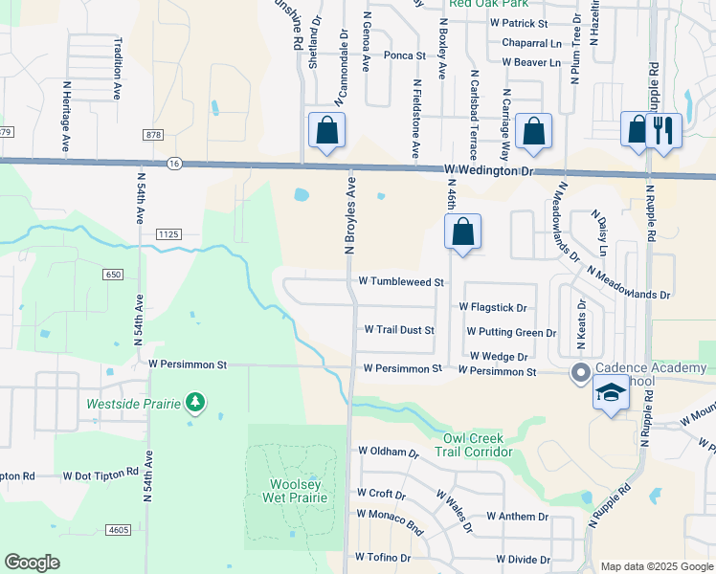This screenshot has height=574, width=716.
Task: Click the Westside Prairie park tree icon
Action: click(195, 403)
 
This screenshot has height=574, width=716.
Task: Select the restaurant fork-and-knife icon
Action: click(663, 129)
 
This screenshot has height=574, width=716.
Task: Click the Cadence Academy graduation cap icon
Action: click(611, 393)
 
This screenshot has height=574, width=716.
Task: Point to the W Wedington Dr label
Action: click(488, 170)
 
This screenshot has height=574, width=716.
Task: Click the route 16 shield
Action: click(173, 165)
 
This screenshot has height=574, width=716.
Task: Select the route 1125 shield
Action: click(168, 233)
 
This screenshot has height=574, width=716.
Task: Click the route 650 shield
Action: click(114, 275)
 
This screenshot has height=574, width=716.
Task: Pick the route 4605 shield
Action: click(118, 529)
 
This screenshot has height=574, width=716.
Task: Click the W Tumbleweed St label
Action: click(402, 282)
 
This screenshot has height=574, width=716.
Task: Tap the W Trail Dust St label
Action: click(399, 330)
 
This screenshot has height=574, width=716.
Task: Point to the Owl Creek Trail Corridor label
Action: click(478, 445)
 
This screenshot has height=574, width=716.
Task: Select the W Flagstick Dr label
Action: click(493, 308)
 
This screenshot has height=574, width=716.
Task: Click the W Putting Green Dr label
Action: click(511, 332)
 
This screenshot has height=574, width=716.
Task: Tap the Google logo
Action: click(33, 563)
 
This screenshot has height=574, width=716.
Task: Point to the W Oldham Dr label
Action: click(389, 452)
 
